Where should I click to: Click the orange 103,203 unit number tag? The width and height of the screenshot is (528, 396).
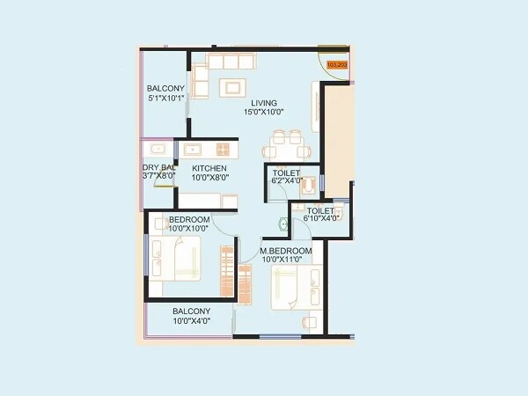(x=338, y=64)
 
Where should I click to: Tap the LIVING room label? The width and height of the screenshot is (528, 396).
(x=264, y=103)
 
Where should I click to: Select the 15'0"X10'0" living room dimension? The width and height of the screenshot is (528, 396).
(x=264, y=113)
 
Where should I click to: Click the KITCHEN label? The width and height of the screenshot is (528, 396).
(x=209, y=168)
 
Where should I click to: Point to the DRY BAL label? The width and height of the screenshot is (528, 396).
(x=159, y=168)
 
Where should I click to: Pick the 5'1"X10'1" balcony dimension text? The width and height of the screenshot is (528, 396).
(x=165, y=98)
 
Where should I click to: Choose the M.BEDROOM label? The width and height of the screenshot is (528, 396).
(x=286, y=251)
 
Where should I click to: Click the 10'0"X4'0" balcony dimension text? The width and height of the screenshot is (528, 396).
(x=191, y=321)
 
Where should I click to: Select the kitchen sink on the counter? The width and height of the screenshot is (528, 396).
(x=191, y=149)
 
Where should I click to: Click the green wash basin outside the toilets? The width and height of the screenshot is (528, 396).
(x=283, y=224)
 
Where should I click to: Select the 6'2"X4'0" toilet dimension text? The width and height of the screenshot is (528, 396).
(x=287, y=182)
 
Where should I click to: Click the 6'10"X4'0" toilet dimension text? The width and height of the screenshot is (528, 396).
(x=321, y=219)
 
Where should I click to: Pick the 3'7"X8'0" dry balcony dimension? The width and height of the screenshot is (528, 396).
(x=159, y=177)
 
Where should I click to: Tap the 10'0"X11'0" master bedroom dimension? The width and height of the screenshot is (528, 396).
(x=286, y=260)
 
